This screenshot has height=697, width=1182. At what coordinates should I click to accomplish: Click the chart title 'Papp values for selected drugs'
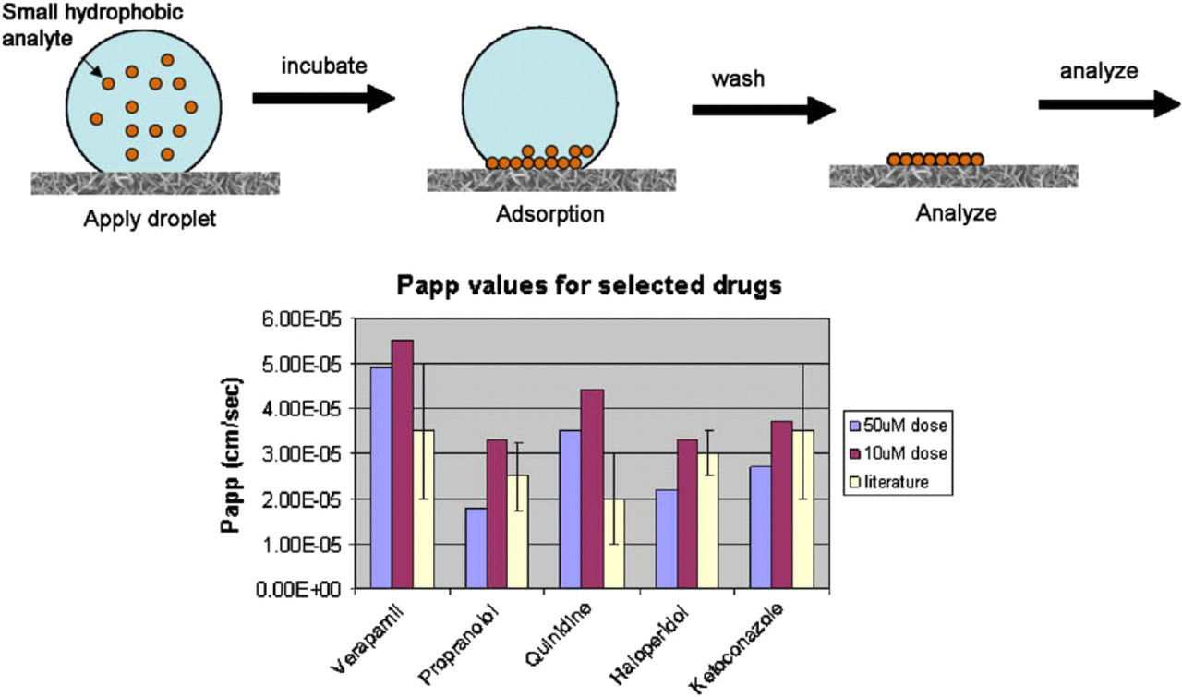coord(589,285)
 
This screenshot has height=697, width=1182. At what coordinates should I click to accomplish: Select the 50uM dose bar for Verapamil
coord(381,477)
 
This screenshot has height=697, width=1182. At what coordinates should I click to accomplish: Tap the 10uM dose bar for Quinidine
coord(592,488)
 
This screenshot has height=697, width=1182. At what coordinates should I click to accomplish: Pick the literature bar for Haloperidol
coord(708,521)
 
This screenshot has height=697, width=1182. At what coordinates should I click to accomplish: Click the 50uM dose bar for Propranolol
coord(476,548)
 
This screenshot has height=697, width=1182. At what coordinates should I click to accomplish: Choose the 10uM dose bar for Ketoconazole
coord(781,504)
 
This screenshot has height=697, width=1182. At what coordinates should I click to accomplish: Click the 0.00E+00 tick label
coord(298,589)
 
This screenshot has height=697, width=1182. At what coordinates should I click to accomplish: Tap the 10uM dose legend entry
coord(899,453)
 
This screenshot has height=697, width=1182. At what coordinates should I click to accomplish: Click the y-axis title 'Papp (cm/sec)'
coord(231,455)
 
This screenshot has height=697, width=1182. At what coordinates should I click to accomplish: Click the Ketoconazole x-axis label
coord(736,648)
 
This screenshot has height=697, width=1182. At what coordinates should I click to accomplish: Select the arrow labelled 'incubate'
coord(323,99)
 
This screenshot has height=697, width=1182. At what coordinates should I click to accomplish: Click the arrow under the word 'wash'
coord(764,110)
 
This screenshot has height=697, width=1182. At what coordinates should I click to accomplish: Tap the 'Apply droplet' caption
coord(150,219)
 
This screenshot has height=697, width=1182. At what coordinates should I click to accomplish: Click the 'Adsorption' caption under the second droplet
coord(550,214)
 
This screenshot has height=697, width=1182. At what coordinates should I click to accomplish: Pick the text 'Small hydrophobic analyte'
coord(92,25)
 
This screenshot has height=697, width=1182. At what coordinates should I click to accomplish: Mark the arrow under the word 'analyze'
coord(1109,104)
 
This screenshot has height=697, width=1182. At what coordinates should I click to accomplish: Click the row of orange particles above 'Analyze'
coord(935,160)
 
